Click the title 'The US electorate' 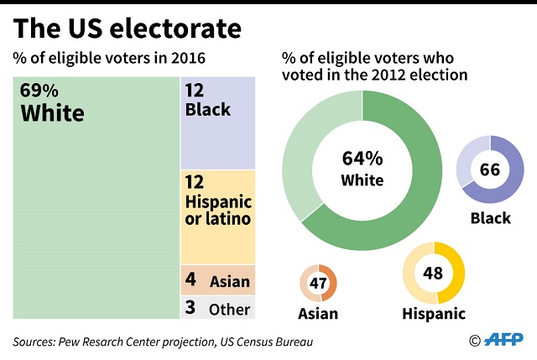tap(127, 29)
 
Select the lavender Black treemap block tap(218, 124)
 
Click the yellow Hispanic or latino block tap(218, 217)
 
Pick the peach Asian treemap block tap(218, 279)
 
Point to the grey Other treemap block tap(218, 308)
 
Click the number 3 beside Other tap(190, 308)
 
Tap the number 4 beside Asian tap(190, 279)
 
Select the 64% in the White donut tap(362, 159)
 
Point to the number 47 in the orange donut tap(318, 284)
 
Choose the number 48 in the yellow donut tap(434, 274)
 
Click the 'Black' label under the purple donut tap(491, 218)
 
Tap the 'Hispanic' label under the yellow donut tap(435, 314)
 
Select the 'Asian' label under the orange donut tap(318, 314)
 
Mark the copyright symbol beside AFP tap(475, 341)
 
